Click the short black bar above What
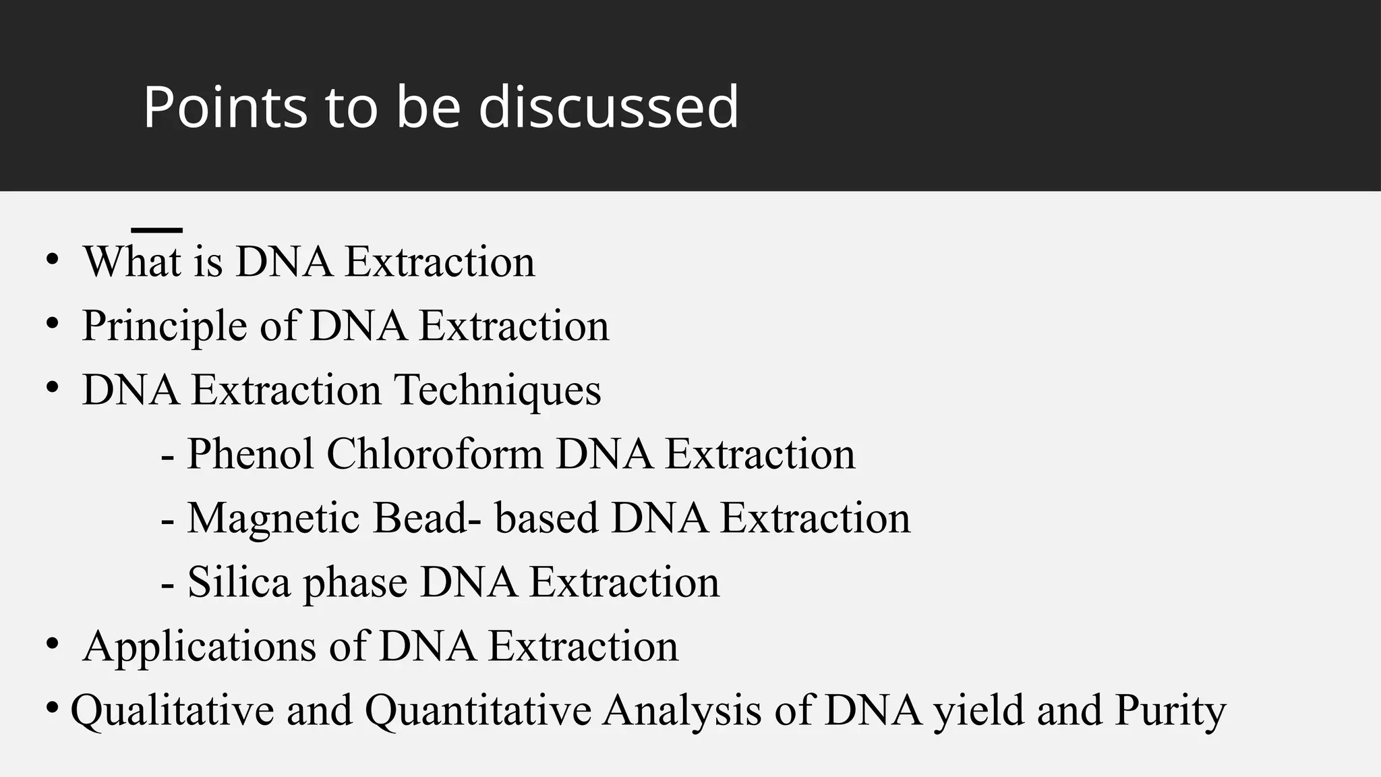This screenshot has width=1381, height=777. (157, 231)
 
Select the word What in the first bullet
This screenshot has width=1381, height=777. (132, 262)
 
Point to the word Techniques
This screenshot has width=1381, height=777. (497, 391)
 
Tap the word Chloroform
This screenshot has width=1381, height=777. (435, 454)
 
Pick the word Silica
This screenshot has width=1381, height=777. (239, 582)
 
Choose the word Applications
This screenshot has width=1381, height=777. (200, 647)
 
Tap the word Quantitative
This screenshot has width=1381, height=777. (478, 711)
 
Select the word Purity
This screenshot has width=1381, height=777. (1170, 711)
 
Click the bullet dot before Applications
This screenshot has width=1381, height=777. (53, 645)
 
